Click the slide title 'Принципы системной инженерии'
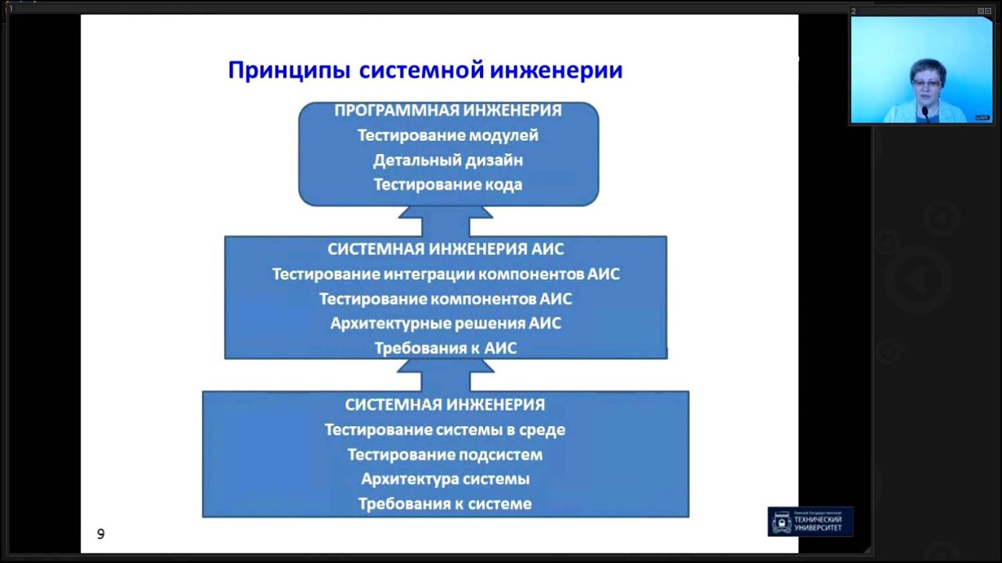click(x=425, y=70)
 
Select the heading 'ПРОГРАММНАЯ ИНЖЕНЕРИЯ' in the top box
click(x=448, y=110)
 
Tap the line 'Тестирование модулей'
click(x=448, y=135)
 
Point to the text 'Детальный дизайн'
click(x=448, y=160)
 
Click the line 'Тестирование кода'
click(x=448, y=185)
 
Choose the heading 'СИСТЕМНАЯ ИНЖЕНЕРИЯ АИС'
click(x=445, y=249)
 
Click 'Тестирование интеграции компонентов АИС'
click(x=445, y=274)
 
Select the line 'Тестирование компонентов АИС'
click(x=445, y=299)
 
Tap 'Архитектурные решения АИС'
click(x=445, y=324)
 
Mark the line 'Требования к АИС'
click(x=445, y=348)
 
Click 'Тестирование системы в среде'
click(x=445, y=430)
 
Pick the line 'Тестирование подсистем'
click(x=445, y=455)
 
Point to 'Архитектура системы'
click(x=445, y=479)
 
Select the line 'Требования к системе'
click(x=445, y=504)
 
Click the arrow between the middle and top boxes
click(x=445, y=221)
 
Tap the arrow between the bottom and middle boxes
click(x=445, y=375)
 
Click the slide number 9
click(x=100, y=534)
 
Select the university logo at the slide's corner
click(x=810, y=522)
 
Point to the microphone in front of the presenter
click(x=925, y=113)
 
